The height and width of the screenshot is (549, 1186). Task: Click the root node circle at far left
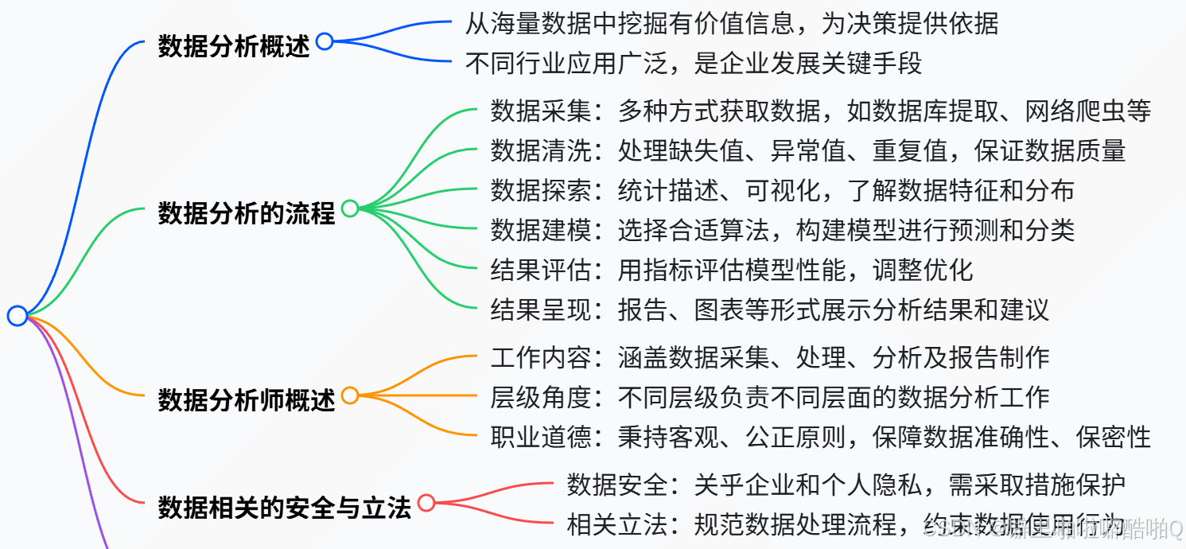(17, 316)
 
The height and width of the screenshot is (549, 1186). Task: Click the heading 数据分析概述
(233, 45)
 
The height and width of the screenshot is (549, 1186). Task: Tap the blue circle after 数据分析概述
(325, 41)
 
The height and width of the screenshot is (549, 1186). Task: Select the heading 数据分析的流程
(246, 212)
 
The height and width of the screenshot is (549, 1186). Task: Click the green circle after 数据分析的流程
(350, 208)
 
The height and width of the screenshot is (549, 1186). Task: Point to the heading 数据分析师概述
(246, 399)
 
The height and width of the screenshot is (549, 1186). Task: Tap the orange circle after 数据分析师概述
(350, 395)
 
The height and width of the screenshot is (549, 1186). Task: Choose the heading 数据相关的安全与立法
(284, 507)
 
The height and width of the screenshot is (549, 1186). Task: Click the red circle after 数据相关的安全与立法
(427, 503)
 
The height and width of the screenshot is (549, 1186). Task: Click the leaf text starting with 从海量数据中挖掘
(731, 24)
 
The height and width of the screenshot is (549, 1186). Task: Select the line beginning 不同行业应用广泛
(693, 63)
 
